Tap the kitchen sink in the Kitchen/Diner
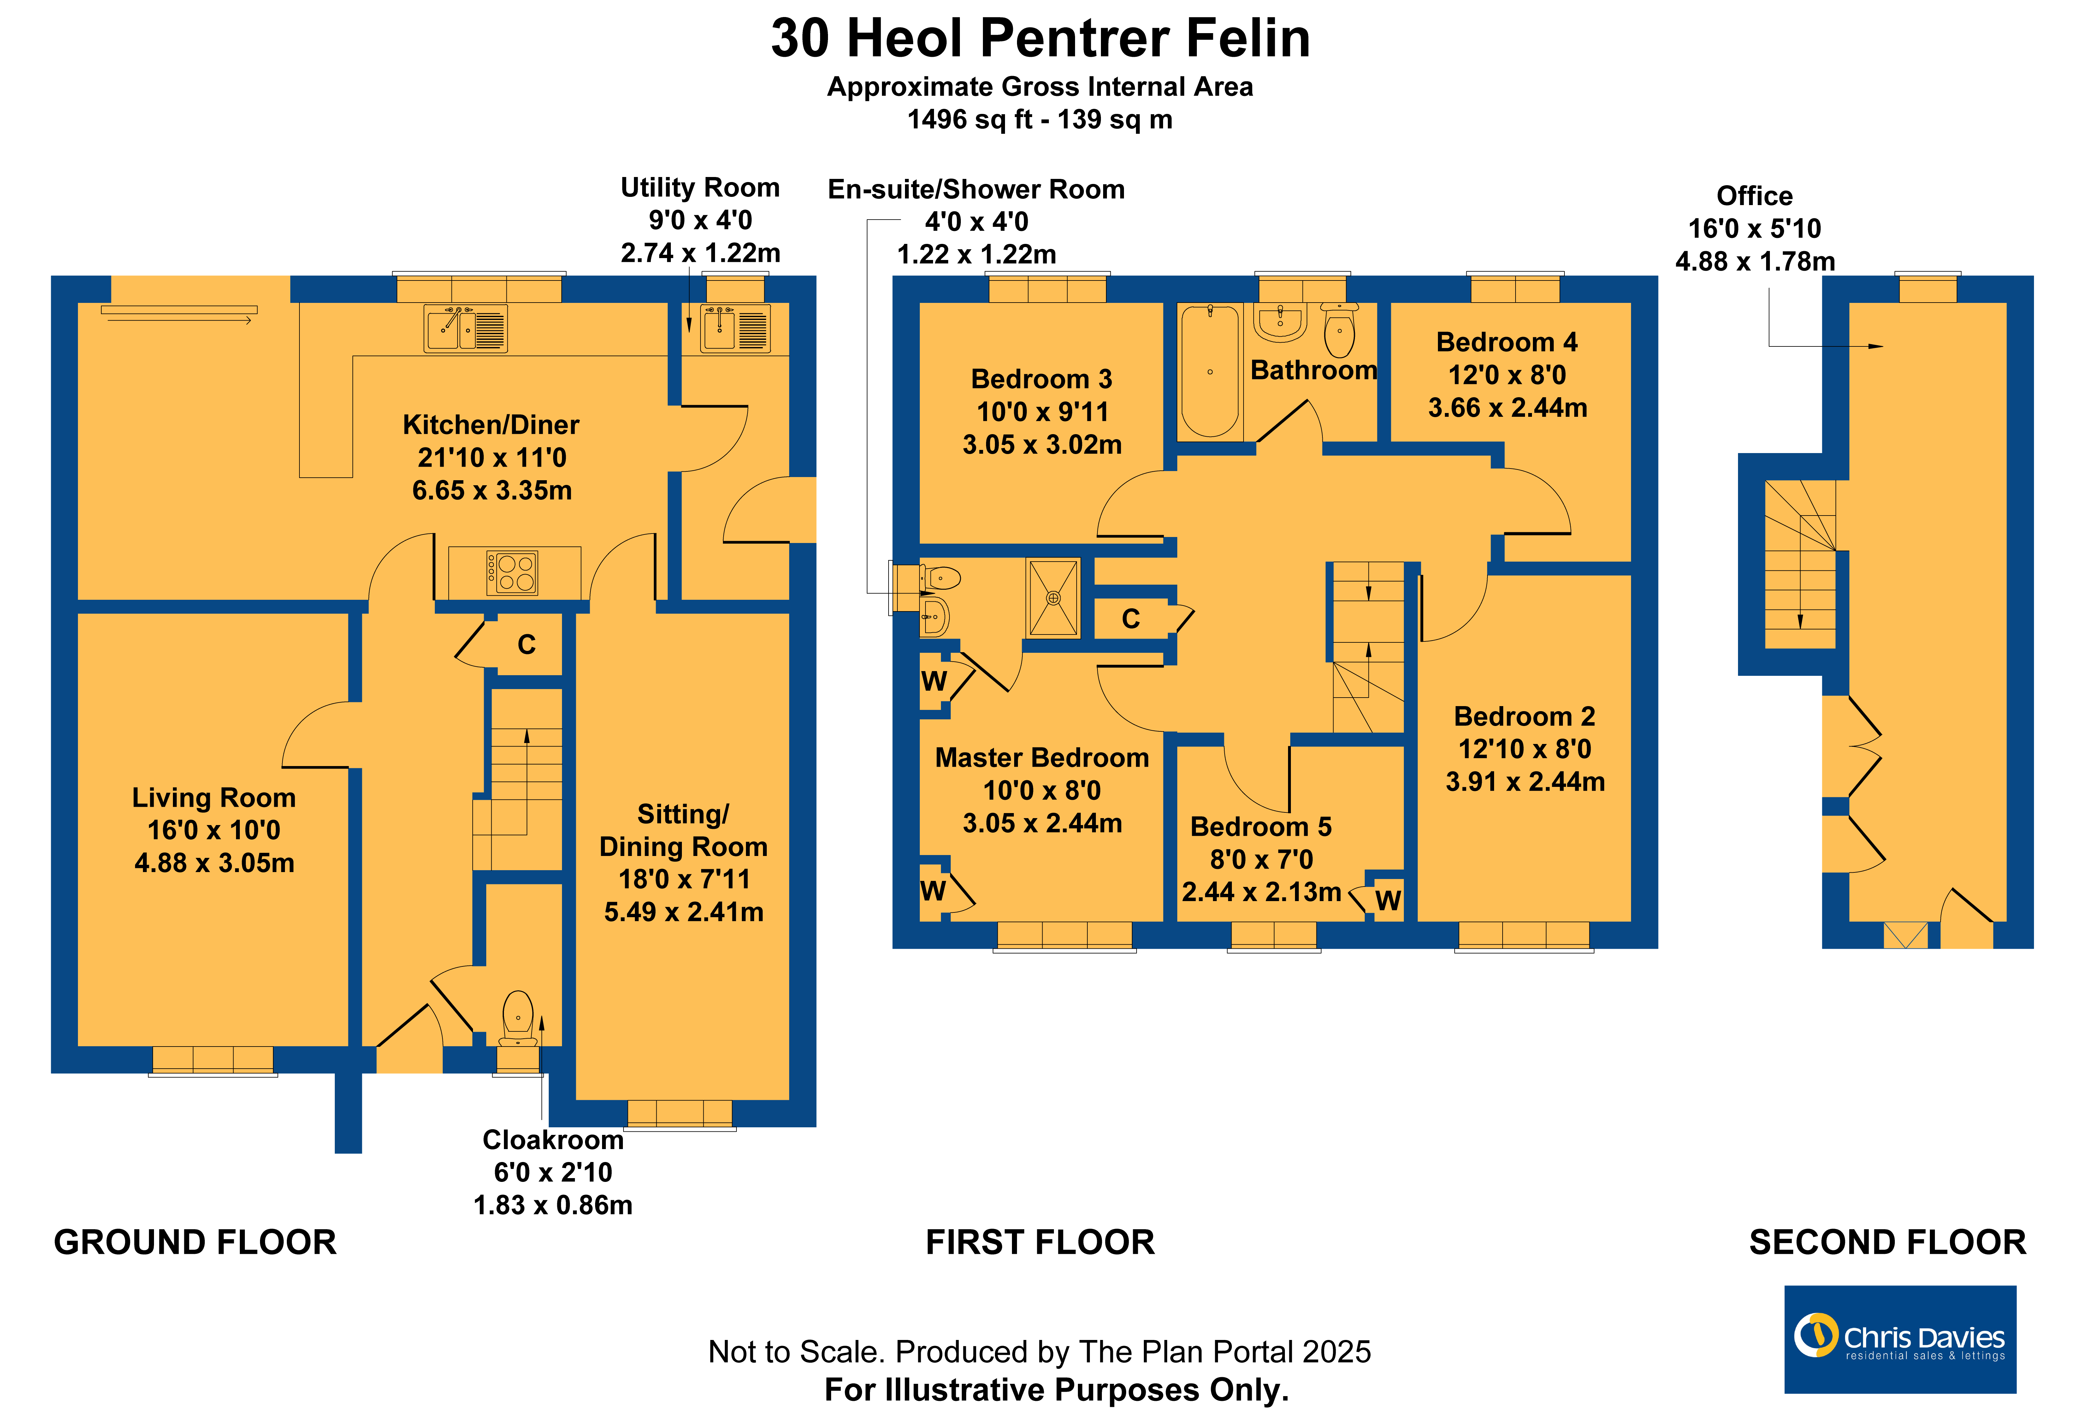point(465,328)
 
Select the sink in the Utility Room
point(735,328)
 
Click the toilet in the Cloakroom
point(518,1018)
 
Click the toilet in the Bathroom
point(1339,330)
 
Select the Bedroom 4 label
point(1507,342)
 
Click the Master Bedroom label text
point(1042,758)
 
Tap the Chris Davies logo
point(1900,1339)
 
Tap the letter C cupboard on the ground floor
point(527,645)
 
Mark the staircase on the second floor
point(1800,564)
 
